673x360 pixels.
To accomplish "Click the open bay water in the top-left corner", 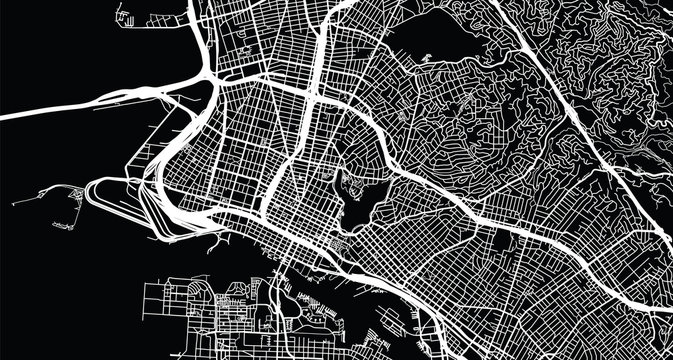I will tap(60, 40).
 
